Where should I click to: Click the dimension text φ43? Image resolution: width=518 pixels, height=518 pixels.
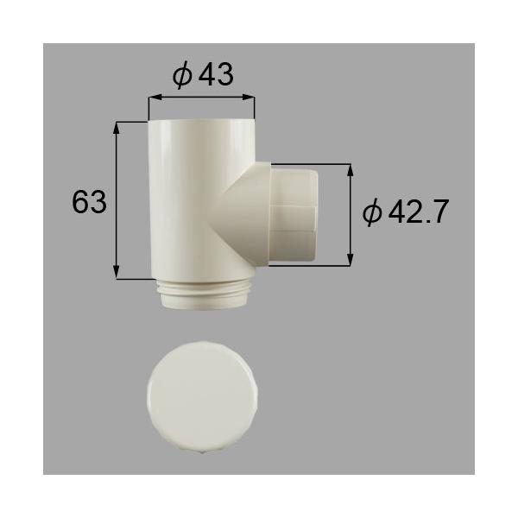point(203,76)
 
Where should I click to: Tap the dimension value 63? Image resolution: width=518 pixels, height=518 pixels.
point(89,204)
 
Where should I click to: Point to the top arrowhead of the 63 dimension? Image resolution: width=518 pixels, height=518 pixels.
point(118,126)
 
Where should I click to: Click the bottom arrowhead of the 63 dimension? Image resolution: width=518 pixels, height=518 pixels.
point(118,274)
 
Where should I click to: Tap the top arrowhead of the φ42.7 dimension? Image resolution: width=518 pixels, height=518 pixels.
point(350,170)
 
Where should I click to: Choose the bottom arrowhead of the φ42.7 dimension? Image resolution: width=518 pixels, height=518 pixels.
point(350,259)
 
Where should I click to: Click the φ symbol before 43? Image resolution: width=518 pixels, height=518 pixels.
point(181,76)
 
